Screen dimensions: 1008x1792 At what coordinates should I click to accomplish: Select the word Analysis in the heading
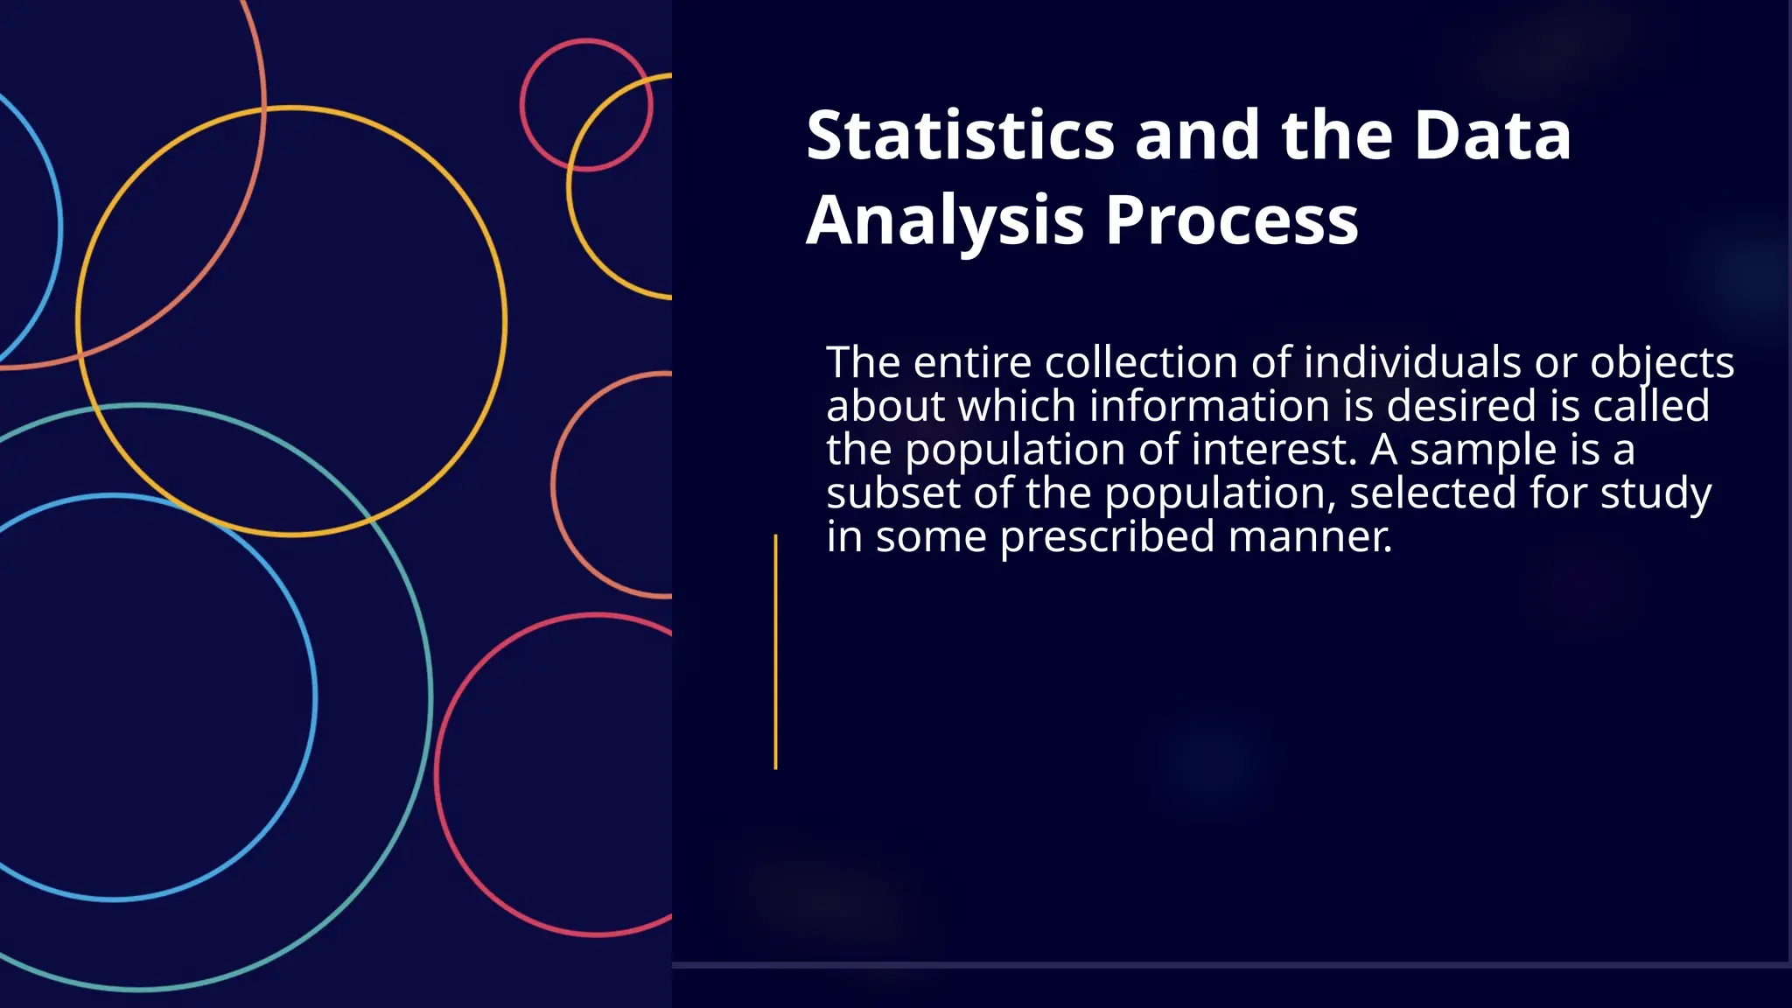(x=945, y=220)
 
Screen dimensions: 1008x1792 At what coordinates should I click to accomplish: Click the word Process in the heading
(x=1232, y=220)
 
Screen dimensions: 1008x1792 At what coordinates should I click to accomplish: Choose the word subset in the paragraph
(x=892, y=493)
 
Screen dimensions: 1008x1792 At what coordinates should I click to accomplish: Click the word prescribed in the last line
(x=1107, y=537)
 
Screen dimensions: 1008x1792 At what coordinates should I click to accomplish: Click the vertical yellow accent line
(x=775, y=652)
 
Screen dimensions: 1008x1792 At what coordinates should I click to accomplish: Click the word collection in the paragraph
(x=1141, y=362)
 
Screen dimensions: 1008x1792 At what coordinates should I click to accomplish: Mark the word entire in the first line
(x=972, y=362)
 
